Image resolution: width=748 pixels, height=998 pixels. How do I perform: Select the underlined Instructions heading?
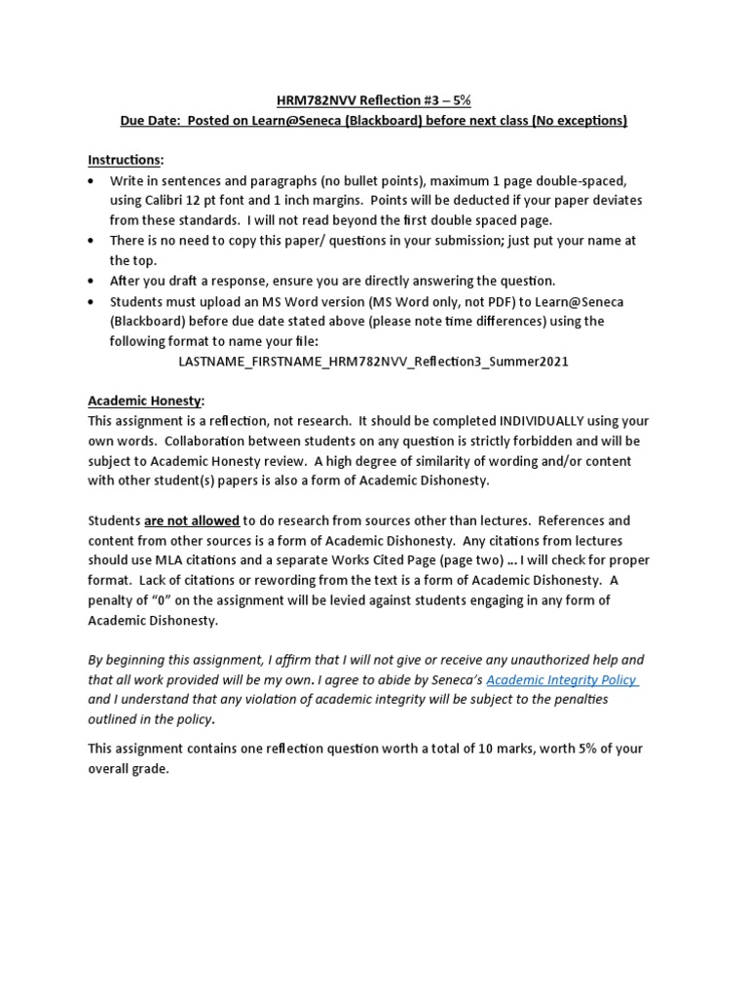coord(126,159)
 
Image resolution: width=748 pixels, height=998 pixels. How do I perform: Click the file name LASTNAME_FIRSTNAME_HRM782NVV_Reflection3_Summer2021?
coord(374,362)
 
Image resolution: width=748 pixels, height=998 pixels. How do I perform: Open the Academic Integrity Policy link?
coord(562,680)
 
